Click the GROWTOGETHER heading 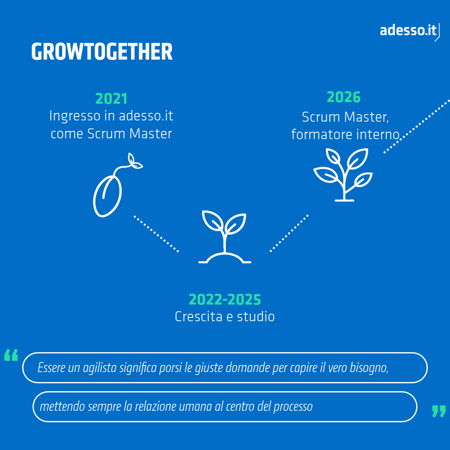coord(102,52)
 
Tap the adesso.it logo coord(410,31)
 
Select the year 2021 coord(111,99)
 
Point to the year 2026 coord(343,97)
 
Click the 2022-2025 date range coord(225,300)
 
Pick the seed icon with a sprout coord(117,185)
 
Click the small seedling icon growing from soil coord(225,237)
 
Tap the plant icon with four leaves coord(343,175)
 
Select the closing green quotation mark coord(439,411)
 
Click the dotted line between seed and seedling coord(156,234)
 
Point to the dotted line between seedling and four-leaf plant coord(289,233)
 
